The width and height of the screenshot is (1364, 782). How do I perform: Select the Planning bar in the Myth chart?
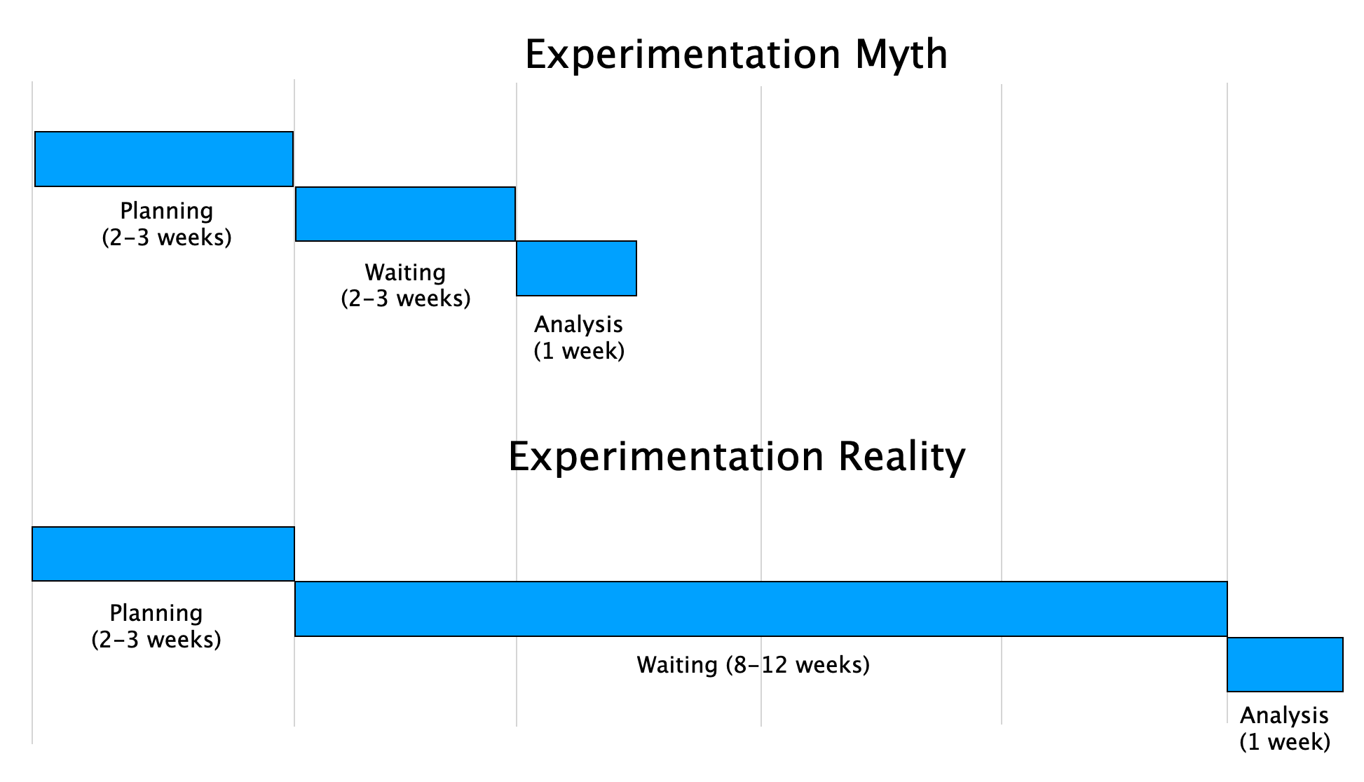164,159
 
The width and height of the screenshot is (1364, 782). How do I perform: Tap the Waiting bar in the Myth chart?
405,214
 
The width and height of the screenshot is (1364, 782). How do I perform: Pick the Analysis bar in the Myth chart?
576,268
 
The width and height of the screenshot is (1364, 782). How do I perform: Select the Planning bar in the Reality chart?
163,554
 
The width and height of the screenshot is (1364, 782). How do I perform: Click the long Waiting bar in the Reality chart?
761,609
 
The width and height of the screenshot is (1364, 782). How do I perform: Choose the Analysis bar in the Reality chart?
1285,664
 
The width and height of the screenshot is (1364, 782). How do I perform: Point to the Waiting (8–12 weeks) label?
753,664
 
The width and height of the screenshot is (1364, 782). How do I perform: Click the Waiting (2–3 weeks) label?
405,285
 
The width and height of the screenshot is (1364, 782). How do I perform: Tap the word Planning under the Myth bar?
167,211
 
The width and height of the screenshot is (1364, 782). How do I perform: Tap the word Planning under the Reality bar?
156,613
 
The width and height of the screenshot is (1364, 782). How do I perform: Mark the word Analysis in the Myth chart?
578,324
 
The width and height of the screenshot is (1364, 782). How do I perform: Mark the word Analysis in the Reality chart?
1284,715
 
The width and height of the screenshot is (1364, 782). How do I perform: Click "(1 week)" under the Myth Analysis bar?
579,351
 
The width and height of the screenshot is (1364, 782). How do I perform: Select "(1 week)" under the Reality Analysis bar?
1285,742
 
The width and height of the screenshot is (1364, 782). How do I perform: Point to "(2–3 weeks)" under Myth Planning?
167,238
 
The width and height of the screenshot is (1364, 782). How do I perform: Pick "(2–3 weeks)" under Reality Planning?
156,640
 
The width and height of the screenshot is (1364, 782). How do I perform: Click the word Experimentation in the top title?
682,55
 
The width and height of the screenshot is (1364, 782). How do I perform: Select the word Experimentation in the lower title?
665,457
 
